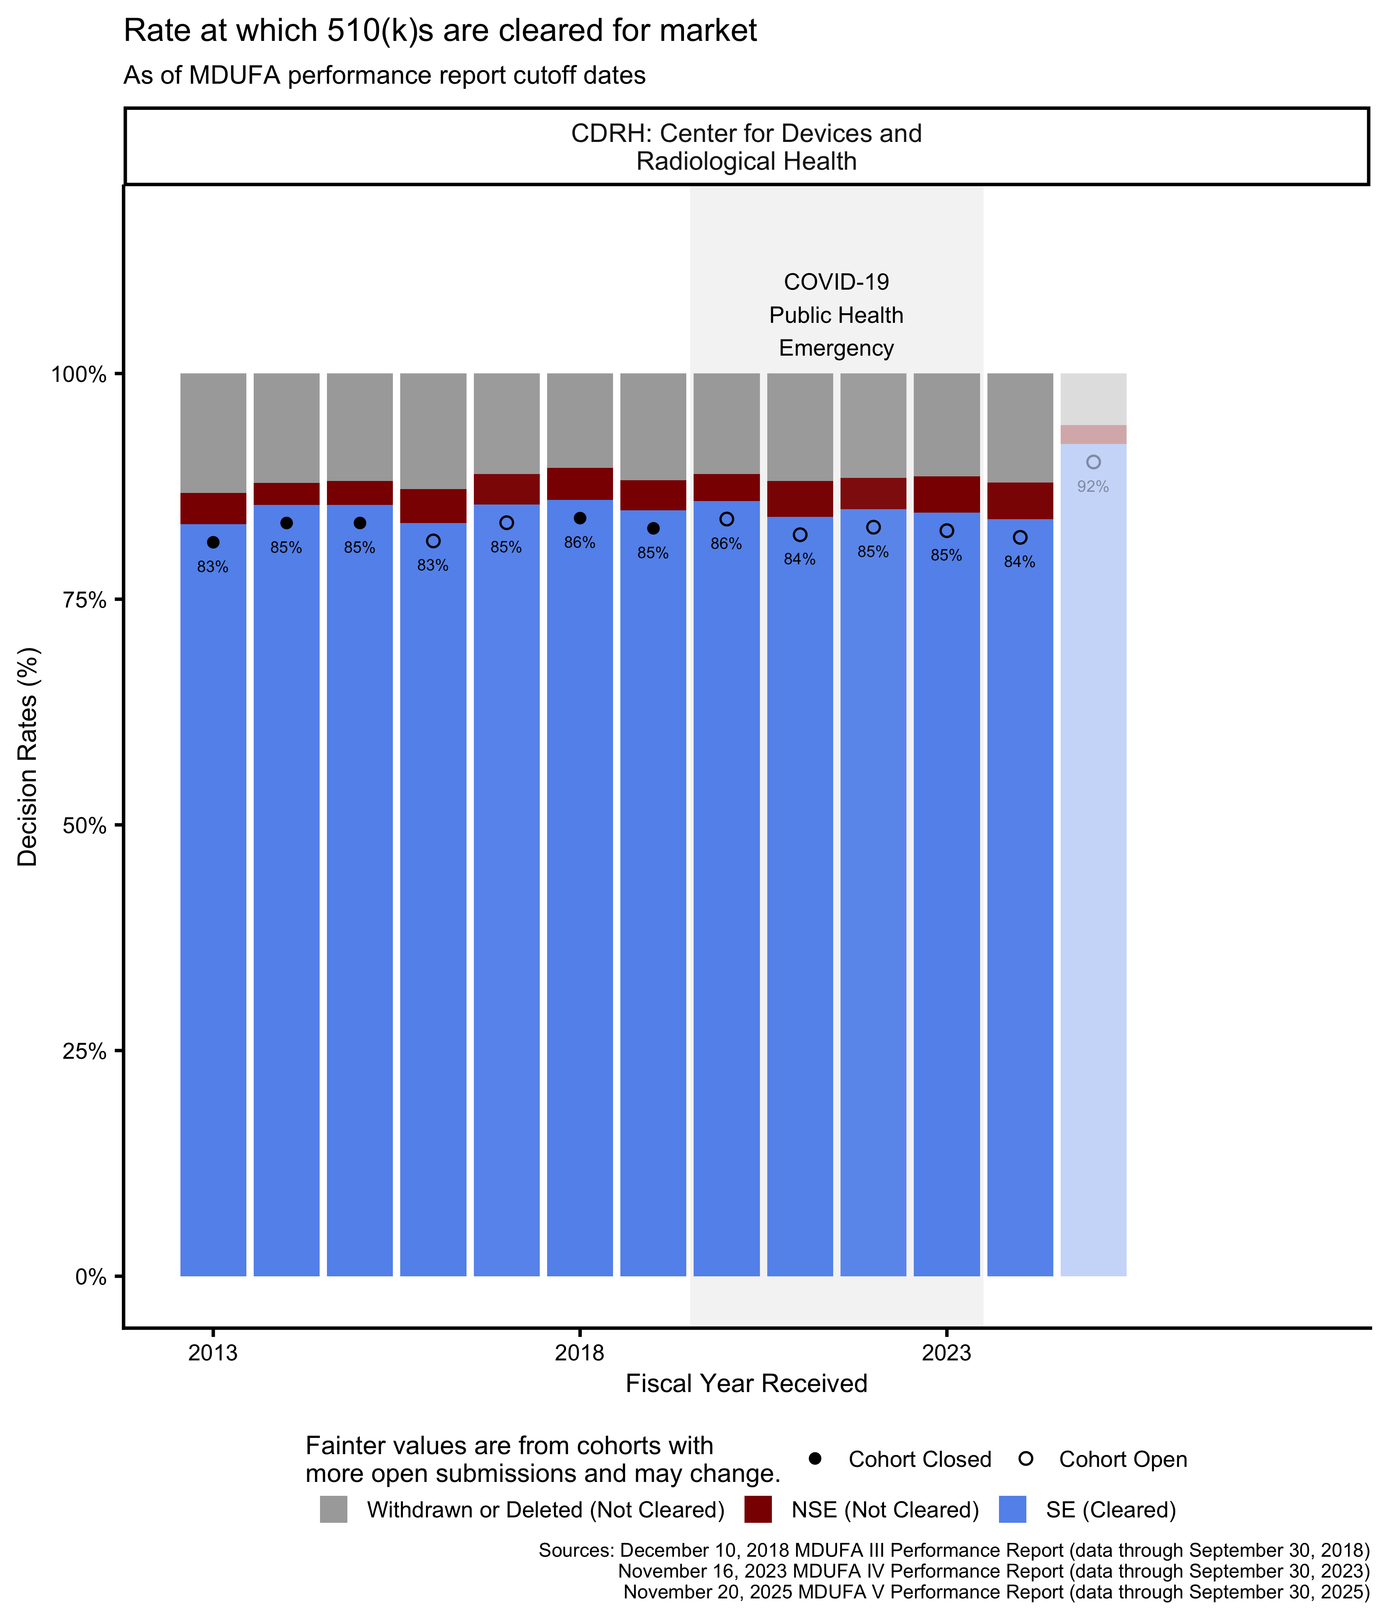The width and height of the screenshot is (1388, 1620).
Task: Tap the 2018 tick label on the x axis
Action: (579, 1353)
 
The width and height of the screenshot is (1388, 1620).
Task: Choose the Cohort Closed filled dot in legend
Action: (815, 1458)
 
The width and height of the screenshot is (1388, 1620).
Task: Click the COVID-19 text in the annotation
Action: (836, 282)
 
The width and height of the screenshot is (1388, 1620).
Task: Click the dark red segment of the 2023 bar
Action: (947, 494)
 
